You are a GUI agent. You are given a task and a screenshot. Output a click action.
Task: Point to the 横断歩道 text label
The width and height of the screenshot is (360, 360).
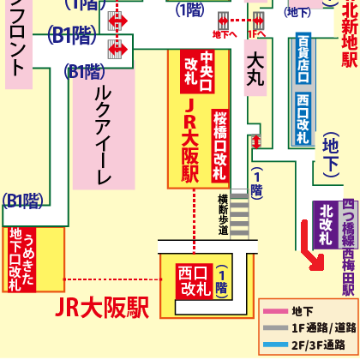click(x=223, y=214)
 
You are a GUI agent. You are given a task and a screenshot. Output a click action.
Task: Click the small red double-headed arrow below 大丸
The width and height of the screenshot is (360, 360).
click(x=255, y=142)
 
